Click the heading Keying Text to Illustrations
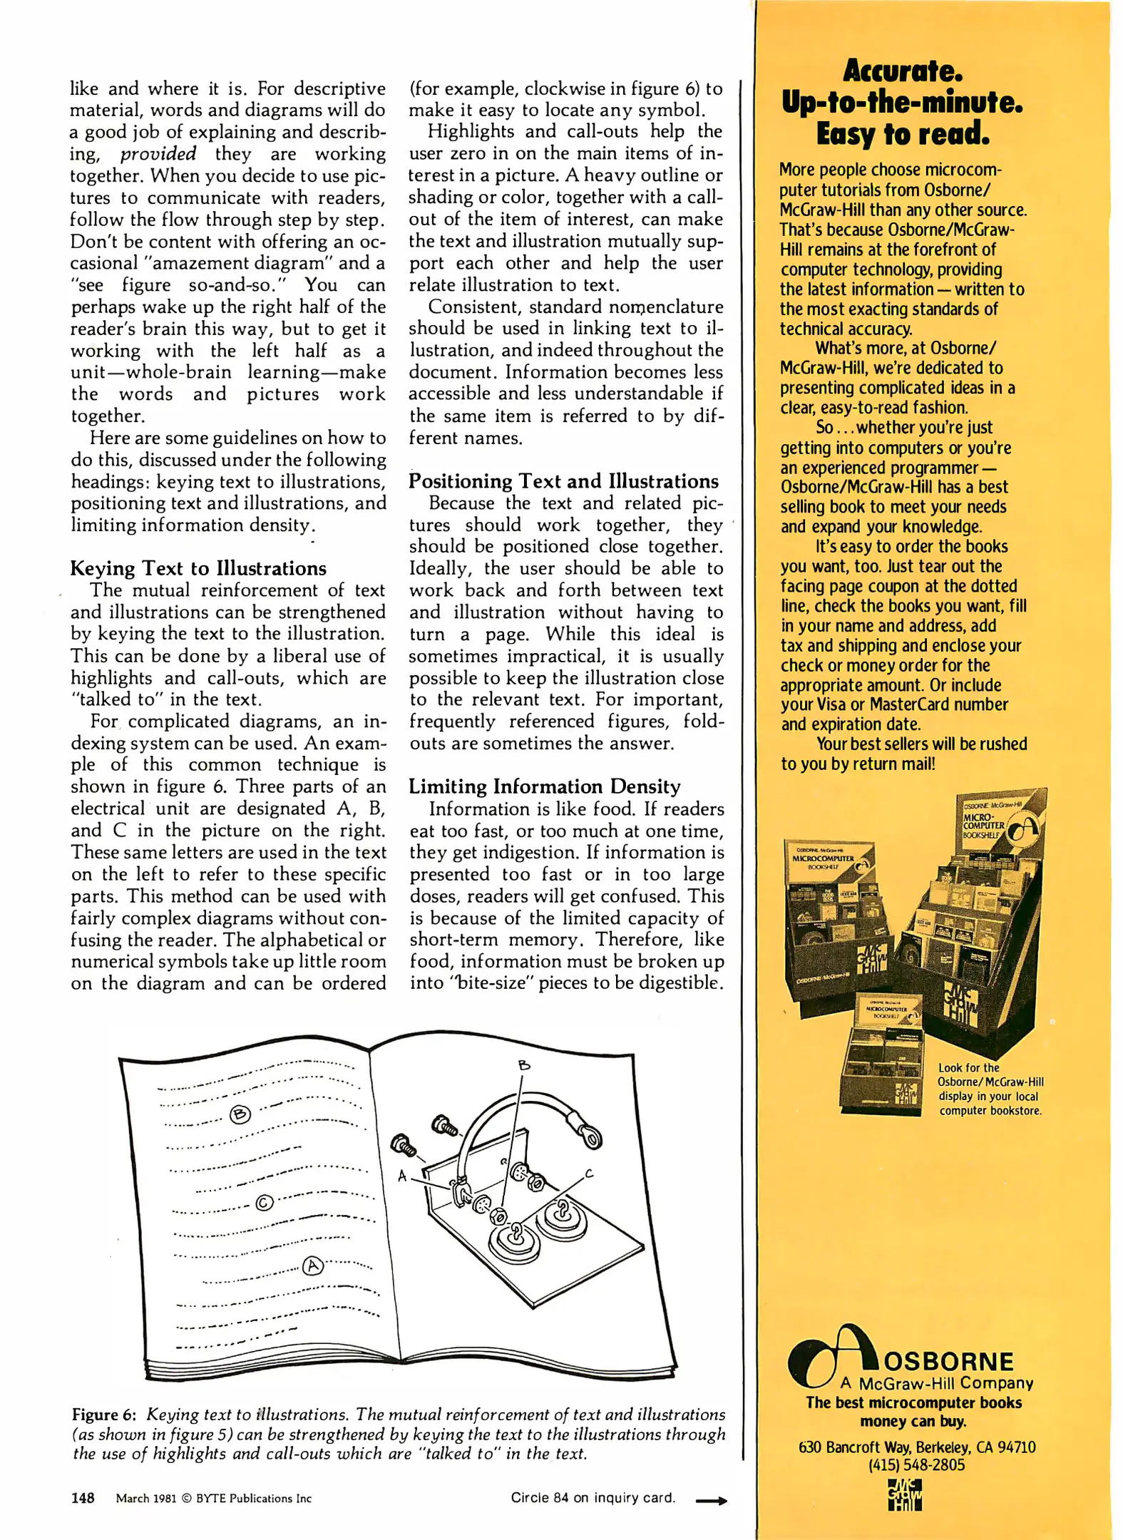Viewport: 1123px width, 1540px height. pyautogui.click(x=198, y=568)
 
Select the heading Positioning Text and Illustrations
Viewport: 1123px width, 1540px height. pyautogui.click(x=563, y=481)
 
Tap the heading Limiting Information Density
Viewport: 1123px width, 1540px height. pyautogui.click(x=544, y=786)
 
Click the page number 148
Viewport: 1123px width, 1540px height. pyautogui.click(x=83, y=1498)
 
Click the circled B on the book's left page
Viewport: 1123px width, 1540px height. pyautogui.click(x=240, y=1114)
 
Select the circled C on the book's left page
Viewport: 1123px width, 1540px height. pyautogui.click(x=264, y=1203)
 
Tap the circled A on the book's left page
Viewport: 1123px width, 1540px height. pyautogui.click(x=313, y=1266)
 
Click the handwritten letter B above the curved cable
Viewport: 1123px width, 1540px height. pyautogui.click(x=524, y=1066)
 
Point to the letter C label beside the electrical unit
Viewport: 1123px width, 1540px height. pyautogui.click(x=589, y=1173)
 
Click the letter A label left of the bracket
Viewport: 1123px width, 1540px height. pyautogui.click(x=402, y=1176)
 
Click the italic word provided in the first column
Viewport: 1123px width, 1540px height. pyautogui.click(x=158, y=154)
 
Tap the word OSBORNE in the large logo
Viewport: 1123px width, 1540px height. pyautogui.click(x=948, y=1362)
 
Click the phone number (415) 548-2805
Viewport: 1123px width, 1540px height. pyautogui.click(x=916, y=1465)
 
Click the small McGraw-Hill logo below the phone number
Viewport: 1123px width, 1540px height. pyautogui.click(x=904, y=1494)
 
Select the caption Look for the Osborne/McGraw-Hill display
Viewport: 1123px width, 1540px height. pyautogui.click(x=989, y=1089)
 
